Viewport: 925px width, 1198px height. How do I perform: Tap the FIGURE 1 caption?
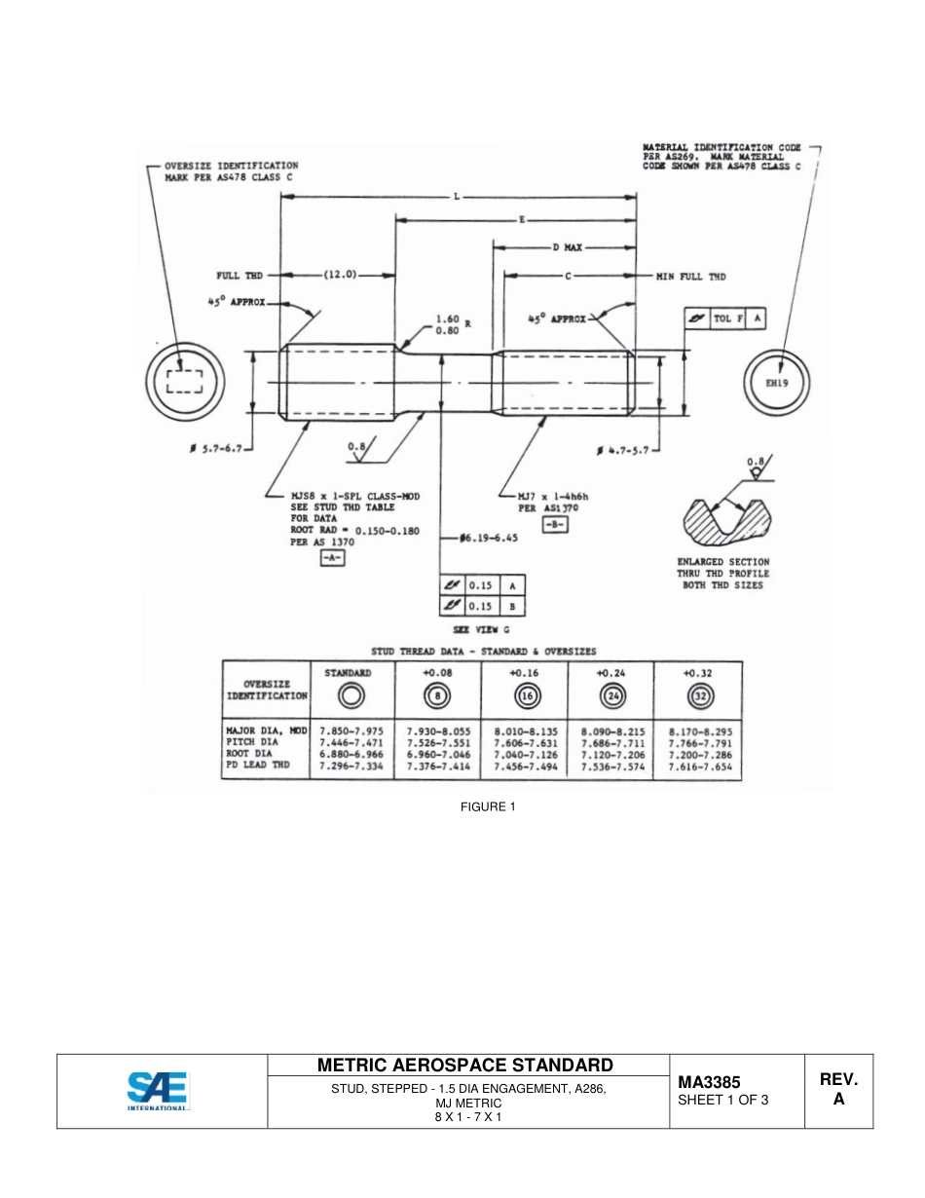(488, 806)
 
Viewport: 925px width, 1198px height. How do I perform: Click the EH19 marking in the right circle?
(776, 383)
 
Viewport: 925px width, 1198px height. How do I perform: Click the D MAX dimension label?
(567, 247)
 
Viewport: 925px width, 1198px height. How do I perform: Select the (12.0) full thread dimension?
(341, 276)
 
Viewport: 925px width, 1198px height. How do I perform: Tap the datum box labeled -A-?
(332, 559)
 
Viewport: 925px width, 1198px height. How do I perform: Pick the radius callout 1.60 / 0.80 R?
(447, 324)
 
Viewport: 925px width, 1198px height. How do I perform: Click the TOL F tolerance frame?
(725, 318)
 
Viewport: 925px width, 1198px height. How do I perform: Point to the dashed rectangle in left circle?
(184, 381)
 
